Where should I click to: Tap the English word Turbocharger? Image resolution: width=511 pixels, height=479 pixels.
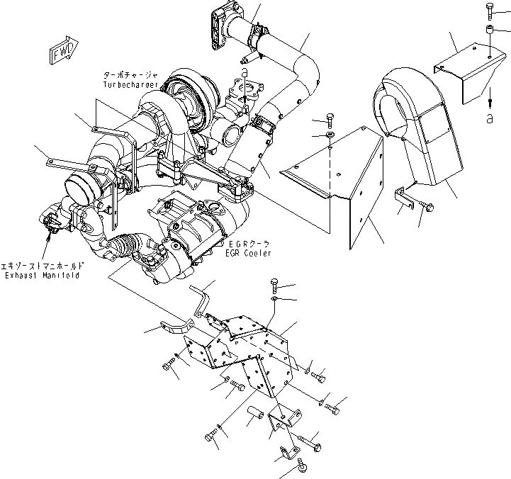pos(128,84)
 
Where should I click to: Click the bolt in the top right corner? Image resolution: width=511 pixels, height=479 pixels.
pos(489,10)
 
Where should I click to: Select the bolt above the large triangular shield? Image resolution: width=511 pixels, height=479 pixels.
pos(330,118)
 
